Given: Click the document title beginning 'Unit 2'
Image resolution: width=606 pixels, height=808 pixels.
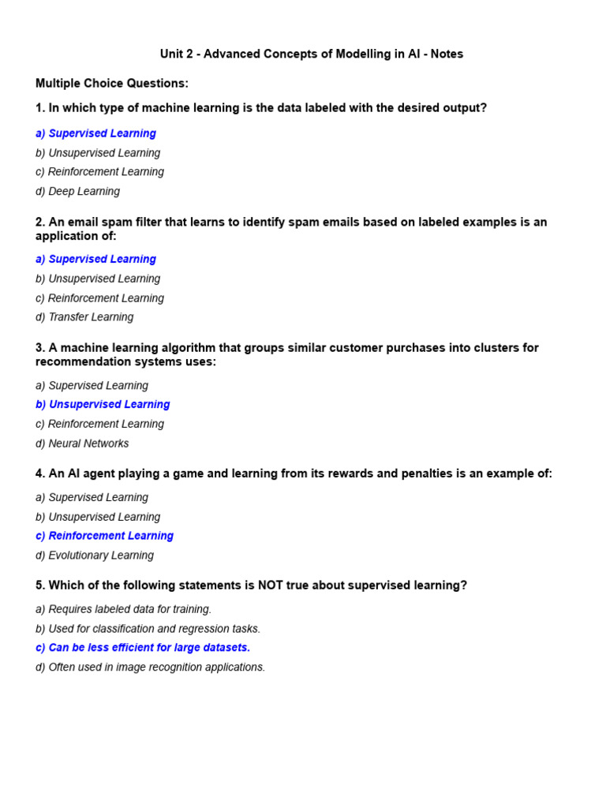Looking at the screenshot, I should (312, 54).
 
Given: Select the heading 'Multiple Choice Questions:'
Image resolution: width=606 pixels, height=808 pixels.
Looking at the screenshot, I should (112, 84).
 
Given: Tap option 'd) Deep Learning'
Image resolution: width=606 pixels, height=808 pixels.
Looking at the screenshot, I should (77, 192).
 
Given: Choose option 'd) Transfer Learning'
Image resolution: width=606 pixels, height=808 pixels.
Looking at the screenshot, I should (84, 317).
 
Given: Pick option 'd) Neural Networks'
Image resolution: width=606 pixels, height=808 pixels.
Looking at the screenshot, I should (82, 443).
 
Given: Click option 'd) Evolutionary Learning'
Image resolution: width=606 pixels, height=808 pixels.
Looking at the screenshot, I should (95, 555).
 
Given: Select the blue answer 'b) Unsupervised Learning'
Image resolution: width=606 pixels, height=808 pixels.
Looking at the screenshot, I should (103, 405).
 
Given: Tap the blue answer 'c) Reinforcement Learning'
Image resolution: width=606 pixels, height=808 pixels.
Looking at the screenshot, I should (104, 536).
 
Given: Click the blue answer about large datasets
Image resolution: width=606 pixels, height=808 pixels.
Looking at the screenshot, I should (143, 648).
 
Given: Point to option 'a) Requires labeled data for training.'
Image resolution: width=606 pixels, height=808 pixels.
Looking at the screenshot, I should (123, 609).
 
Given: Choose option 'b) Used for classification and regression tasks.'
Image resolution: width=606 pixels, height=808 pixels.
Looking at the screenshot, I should (148, 629).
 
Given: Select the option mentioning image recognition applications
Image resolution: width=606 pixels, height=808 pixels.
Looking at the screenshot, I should (150, 668).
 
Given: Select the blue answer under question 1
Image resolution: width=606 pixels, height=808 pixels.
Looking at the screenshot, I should (95, 134).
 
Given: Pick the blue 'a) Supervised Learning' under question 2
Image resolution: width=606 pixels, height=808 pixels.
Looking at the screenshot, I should (95, 260).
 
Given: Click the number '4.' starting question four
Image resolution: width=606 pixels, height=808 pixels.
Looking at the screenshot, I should (40, 473).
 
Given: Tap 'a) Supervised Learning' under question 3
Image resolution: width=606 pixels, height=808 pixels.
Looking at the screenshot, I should (92, 386).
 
